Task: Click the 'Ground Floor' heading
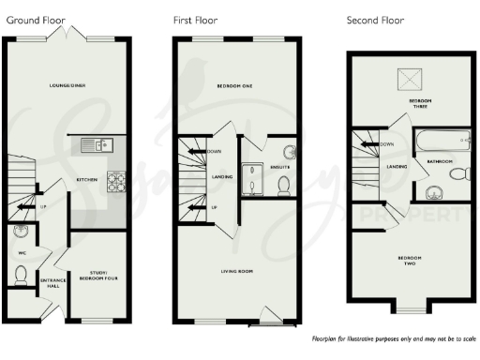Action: coord(33,20)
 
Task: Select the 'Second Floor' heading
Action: coord(376,20)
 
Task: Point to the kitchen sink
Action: coord(97,144)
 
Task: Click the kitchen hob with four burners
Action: coord(118,182)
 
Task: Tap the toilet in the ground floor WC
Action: coord(22,274)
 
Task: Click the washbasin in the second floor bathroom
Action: coord(432,194)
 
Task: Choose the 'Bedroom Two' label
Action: coord(411,260)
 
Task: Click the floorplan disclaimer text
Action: coord(394,337)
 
